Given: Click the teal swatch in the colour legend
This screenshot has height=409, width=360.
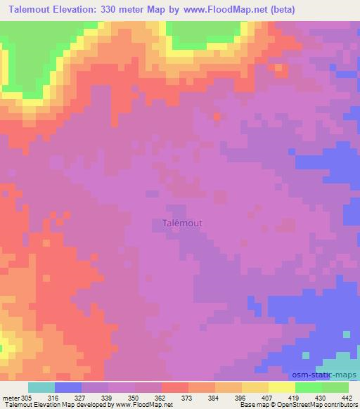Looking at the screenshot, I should click(41, 387).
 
